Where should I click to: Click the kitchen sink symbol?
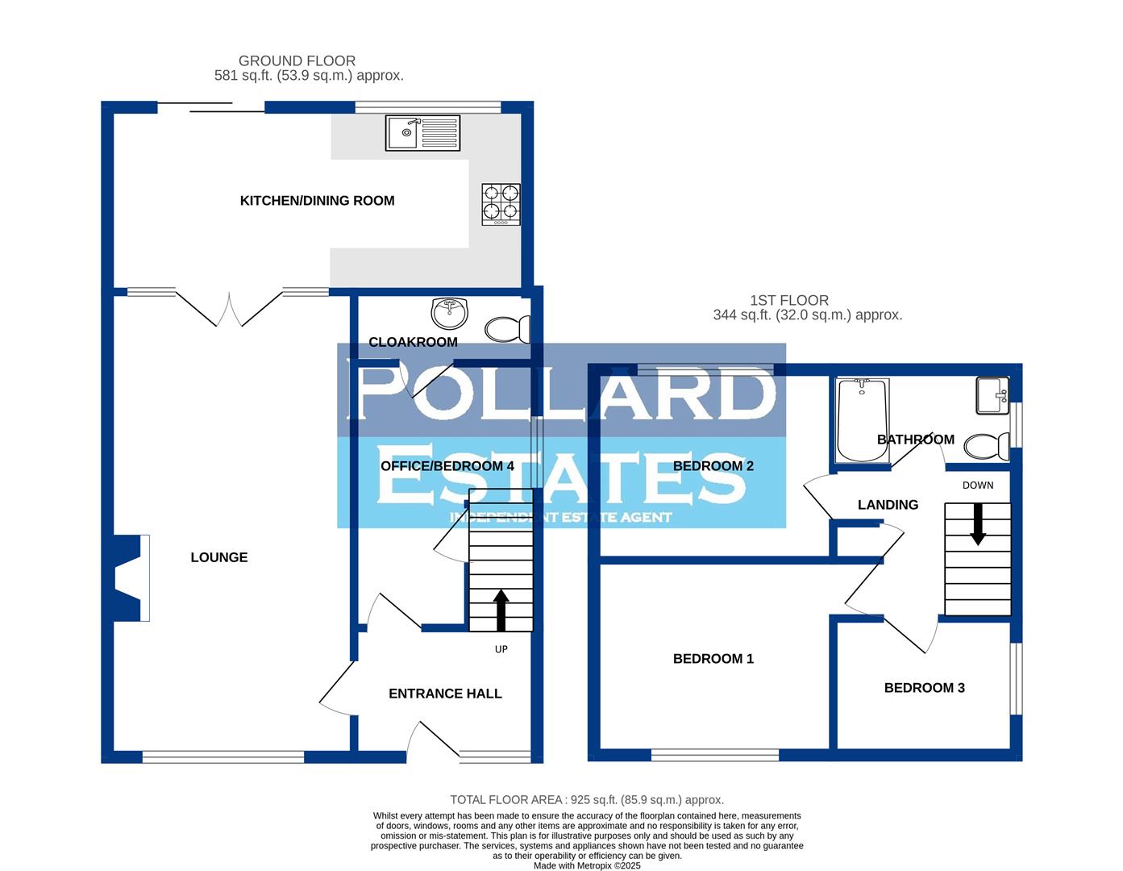click(x=422, y=133)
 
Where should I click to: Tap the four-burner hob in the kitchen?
click(x=501, y=203)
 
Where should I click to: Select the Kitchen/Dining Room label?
click(x=317, y=201)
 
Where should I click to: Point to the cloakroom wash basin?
click(x=451, y=310)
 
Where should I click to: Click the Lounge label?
click(x=219, y=557)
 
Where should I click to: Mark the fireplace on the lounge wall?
click(x=131, y=577)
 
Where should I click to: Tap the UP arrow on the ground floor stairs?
click(x=501, y=610)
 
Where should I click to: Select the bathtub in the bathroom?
click(x=862, y=420)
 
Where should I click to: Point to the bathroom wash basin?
click(x=992, y=395)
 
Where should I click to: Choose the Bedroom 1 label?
click(x=713, y=659)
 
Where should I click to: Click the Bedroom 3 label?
click(x=924, y=688)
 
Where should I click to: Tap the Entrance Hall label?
click(x=445, y=694)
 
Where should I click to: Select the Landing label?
click(x=888, y=505)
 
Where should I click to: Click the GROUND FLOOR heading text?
click(x=297, y=60)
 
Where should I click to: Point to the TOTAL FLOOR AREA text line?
click(x=587, y=800)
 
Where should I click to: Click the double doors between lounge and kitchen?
click(x=229, y=307)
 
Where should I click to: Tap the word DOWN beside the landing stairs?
click(x=978, y=486)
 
